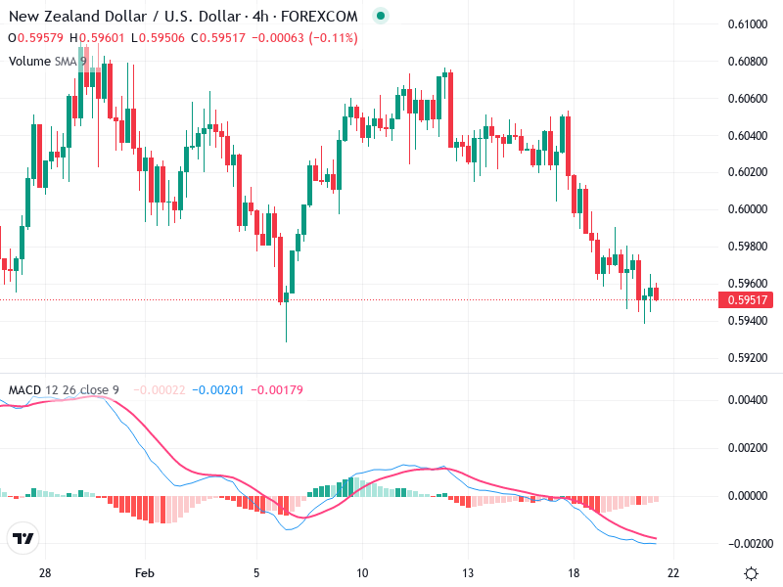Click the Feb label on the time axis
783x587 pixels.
(145, 572)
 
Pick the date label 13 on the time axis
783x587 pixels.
(469, 572)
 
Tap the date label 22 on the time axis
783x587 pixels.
(673, 572)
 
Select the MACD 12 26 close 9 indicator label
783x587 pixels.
(64, 390)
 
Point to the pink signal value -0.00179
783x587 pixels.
(278, 390)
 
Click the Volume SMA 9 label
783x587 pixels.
(48, 61)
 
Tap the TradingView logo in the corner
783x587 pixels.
(23, 539)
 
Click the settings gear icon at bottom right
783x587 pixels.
(751, 573)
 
